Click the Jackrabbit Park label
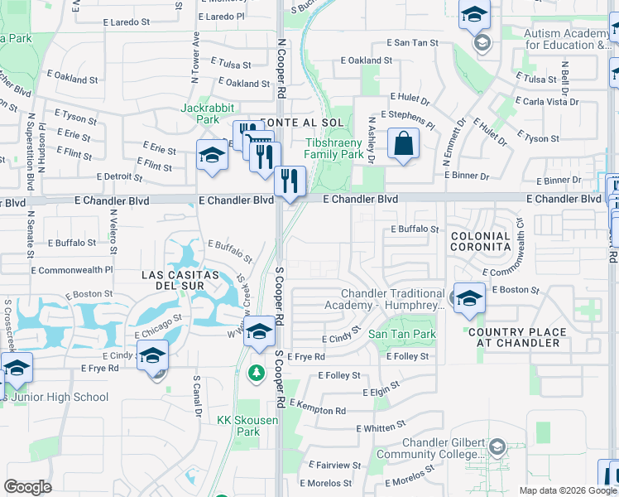point(208,113)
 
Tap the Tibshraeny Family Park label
point(333,148)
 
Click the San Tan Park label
point(401,335)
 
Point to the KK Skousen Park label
point(238,426)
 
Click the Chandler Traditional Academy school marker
point(468,300)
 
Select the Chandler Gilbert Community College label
point(430,448)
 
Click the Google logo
point(27,486)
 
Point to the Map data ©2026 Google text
point(568,490)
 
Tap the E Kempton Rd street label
point(320,410)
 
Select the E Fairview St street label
point(332,465)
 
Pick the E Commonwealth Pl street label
point(71,270)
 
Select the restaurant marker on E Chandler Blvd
point(290,181)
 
